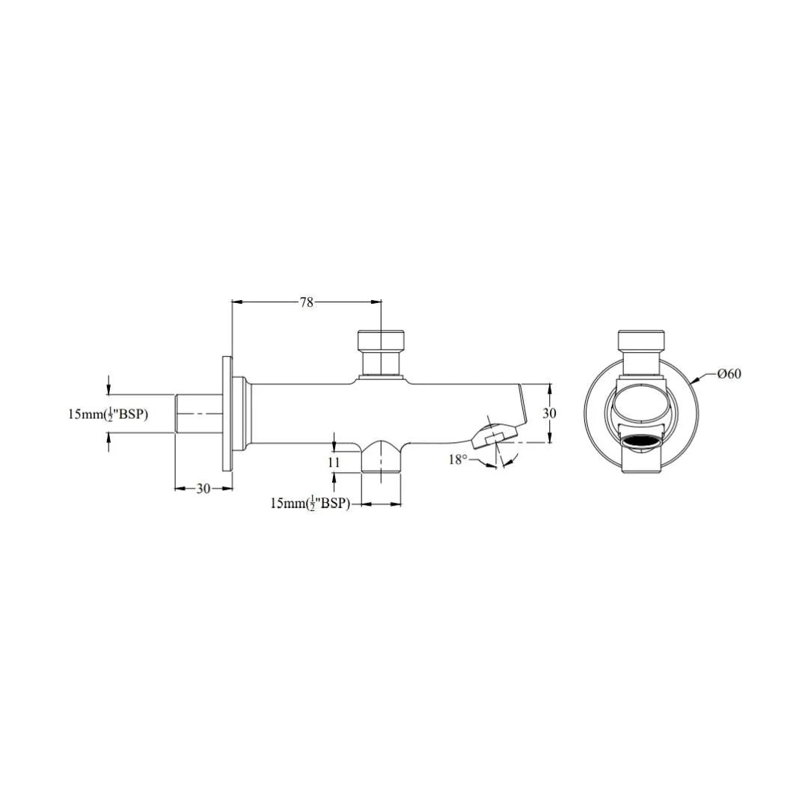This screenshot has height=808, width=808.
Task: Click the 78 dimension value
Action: [307, 302]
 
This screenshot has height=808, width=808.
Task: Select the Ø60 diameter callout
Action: [729, 373]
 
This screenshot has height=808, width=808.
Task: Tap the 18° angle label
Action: [458, 459]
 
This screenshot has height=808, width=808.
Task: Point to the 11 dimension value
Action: [334, 462]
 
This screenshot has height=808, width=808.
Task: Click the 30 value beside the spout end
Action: [550, 413]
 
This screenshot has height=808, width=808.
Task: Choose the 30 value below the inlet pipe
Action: [203, 489]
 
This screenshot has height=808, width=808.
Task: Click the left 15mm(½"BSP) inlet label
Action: [108, 414]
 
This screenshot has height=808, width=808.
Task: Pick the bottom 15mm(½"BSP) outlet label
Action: [310, 503]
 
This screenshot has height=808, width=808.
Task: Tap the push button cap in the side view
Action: [381, 340]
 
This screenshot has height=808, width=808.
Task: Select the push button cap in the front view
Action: [641, 340]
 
